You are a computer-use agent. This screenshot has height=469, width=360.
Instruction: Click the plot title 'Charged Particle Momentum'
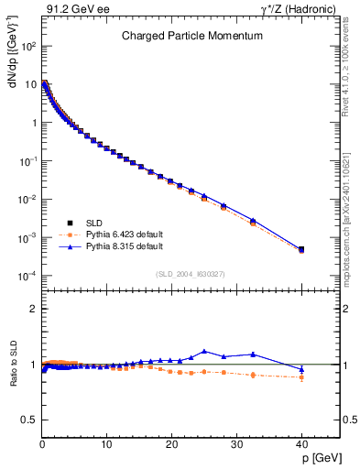pos(191,36)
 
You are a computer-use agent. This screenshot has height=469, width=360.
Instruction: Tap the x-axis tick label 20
pos(171,445)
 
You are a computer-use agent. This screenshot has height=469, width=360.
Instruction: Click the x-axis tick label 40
pos(300,445)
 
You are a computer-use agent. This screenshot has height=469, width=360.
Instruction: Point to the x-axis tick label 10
pos(106,445)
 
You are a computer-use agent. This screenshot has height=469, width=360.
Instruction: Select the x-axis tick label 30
pos(236,445)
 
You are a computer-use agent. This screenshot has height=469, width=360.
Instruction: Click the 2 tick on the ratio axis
pos(31,309)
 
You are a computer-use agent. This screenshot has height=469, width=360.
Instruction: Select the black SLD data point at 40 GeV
pos(301,249)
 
